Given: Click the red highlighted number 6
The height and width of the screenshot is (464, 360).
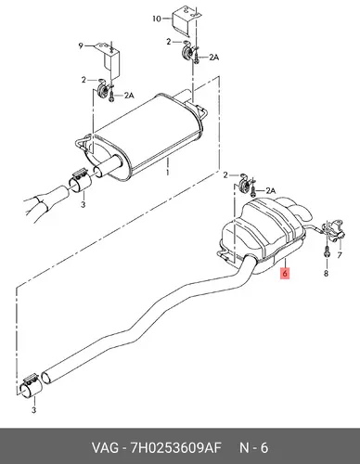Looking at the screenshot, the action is click(x=285, y=273).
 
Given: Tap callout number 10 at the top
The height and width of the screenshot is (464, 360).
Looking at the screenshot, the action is click(x=157, y=19).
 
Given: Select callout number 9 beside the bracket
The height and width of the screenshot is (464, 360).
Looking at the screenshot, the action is click(x=81, y=45).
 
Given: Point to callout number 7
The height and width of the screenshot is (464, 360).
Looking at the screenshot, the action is click(x=340, y=255).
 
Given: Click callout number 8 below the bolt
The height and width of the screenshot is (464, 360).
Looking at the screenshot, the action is click(x=326, y=274).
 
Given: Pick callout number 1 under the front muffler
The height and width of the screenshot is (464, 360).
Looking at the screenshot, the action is click(x=167, y=172).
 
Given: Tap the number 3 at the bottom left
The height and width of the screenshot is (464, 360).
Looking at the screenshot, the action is click(x=34, y=410).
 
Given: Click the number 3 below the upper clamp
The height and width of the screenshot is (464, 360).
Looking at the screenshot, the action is click(x=83, y=204).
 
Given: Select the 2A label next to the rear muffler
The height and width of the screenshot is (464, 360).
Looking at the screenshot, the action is click(x=270, y=191).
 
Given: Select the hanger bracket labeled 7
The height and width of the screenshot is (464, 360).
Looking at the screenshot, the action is click(x=334, y=230).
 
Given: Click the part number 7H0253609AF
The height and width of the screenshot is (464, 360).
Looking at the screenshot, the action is click(x=176, y=447).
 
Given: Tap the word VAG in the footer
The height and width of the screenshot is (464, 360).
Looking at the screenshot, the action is click(x=105, y=447).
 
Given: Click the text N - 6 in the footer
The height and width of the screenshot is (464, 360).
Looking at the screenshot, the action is click(x=253, y=447).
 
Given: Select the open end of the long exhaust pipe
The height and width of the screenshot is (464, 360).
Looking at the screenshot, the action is click(x=47, y=379).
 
